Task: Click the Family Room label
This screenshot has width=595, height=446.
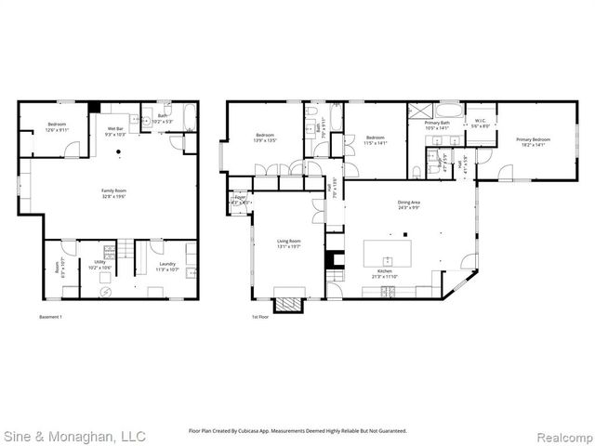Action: (114, 193)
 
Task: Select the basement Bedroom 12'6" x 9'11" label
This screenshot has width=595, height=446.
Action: (58, 128)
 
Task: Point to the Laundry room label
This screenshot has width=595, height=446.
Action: (167, 265)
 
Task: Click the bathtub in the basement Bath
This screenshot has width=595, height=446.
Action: (189, 118)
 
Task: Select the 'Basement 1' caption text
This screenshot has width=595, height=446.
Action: (52, 317)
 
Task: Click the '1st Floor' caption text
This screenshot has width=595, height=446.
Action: (261, 317)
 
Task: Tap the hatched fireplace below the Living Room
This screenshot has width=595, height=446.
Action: (288, 304)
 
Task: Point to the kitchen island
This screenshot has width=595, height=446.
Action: (389, 253)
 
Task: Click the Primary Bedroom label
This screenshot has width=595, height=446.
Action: (534, 142)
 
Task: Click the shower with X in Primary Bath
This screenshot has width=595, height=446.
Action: (419, 110)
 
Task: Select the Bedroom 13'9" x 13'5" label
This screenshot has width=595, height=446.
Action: (265, 139)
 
